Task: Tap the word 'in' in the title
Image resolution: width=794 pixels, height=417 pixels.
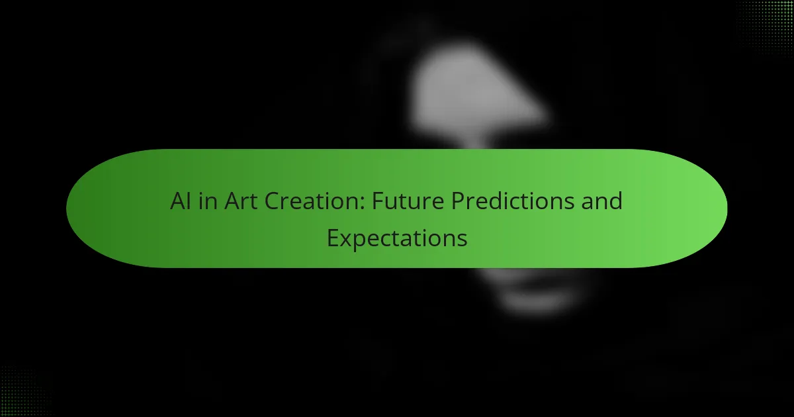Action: point(208,201)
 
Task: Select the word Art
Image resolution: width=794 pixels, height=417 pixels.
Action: point(241,201)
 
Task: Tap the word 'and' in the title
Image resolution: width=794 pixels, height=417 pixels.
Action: point(601,201)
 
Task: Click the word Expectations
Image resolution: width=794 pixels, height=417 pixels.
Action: point(397,239)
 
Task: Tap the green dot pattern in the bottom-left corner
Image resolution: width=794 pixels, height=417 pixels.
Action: point(25,392)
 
